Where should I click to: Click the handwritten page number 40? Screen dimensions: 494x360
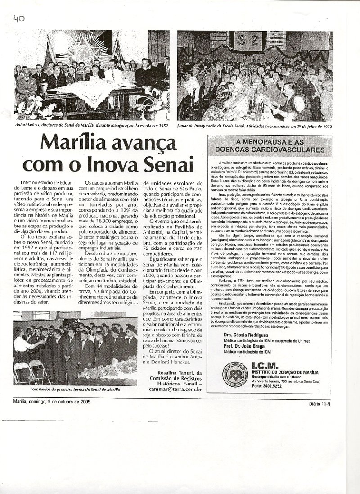18,18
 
